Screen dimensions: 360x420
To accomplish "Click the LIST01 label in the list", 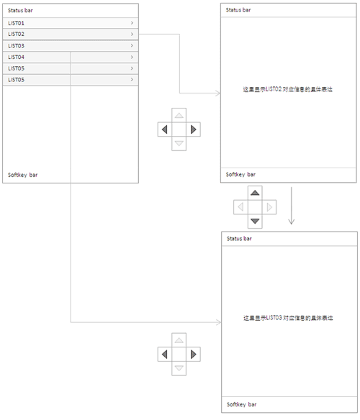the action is (x=16, y=23).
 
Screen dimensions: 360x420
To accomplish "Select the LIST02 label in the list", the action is (x=16, y=35).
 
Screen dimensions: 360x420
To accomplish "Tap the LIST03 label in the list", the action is (x=16, y=46).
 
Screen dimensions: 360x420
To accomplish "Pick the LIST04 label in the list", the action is (x=16, y=58).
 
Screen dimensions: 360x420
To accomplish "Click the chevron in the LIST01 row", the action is (x=132, y=23).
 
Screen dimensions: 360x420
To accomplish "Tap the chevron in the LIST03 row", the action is (x=132, y=45).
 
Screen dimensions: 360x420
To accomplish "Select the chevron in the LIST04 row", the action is (x=132, y=57).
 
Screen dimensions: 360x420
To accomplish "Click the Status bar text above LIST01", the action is (x=20, y=11).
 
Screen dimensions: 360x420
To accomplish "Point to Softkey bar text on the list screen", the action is (x=23, y=175).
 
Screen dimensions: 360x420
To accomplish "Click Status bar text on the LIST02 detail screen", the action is (x=238, y=10).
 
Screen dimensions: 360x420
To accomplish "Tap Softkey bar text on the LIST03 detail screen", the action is (x=242, y=404).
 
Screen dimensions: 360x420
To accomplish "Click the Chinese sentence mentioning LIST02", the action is (x=288, y=89).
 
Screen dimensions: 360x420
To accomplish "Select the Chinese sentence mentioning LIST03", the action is (x=288, y=318).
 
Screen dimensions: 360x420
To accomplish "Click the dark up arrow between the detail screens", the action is (x=255, y=193).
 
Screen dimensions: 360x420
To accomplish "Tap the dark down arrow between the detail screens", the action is (x=255, y=221).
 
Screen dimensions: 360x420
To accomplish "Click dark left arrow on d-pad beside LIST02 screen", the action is (x=165, y=129).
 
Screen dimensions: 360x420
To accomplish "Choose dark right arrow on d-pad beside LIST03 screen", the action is (x=193, y=355).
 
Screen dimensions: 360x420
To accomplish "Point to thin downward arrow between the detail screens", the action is (x=292, y=206).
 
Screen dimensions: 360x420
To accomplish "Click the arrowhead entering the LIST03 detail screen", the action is (x=219, y=322).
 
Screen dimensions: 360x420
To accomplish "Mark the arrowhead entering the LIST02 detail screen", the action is (x=218, y=93).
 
